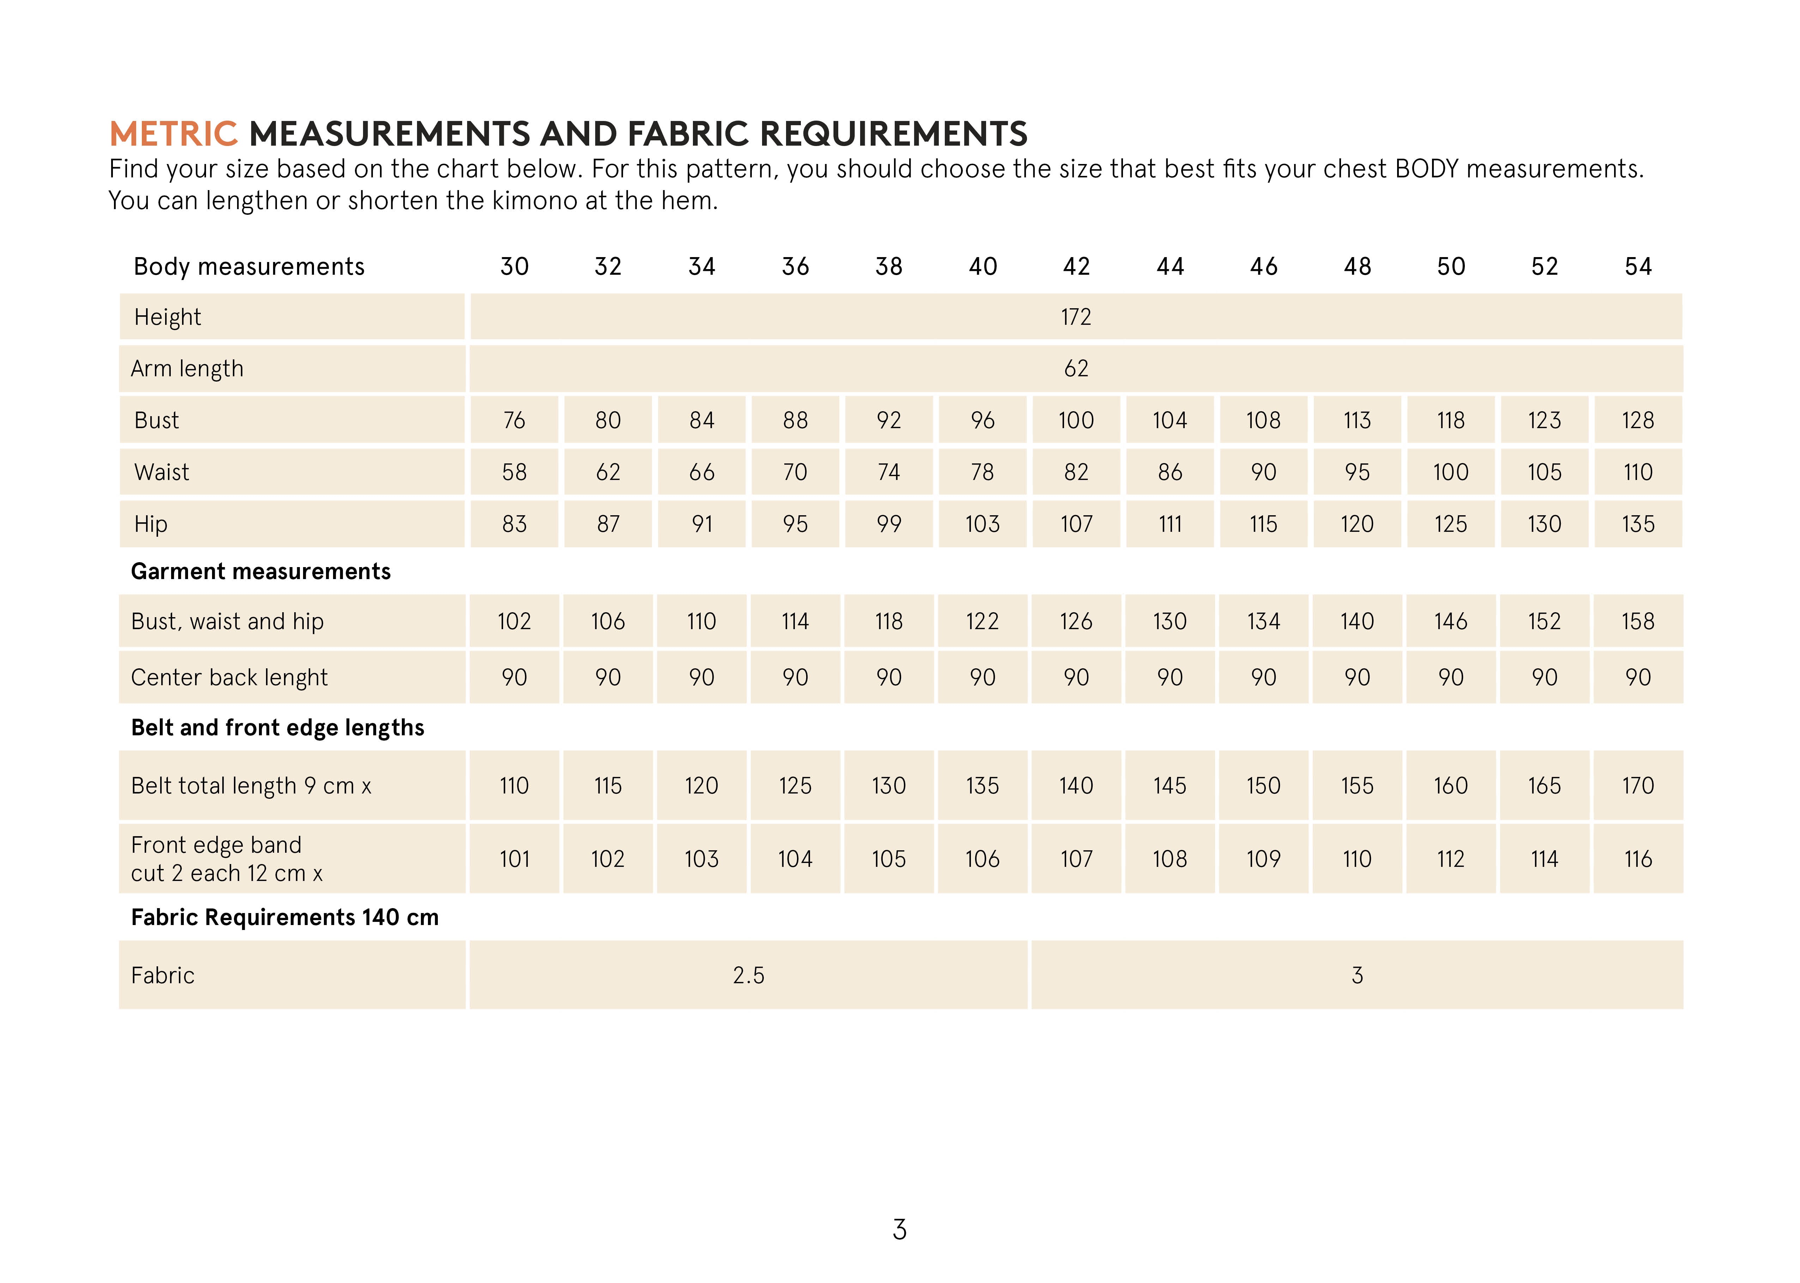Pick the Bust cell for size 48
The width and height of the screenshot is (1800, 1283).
(1357, 420)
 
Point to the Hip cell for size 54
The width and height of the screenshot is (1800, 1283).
(1638, 524)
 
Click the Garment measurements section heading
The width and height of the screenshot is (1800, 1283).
(261, 571)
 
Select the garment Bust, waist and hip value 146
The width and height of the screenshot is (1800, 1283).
(1451, 621)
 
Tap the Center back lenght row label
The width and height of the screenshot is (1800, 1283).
(229, 677)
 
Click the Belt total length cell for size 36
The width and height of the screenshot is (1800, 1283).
(795, 785)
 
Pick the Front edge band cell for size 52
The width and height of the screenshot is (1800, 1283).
(1544, 859)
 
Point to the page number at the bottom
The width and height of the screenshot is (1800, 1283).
(899, 1229)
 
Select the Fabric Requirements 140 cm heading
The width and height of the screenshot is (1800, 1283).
(284, 917)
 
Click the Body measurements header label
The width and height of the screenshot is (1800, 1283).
(249, 266)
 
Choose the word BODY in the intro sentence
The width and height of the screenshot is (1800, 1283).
(1426, 169)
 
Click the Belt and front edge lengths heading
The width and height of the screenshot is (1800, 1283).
(277, 728)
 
